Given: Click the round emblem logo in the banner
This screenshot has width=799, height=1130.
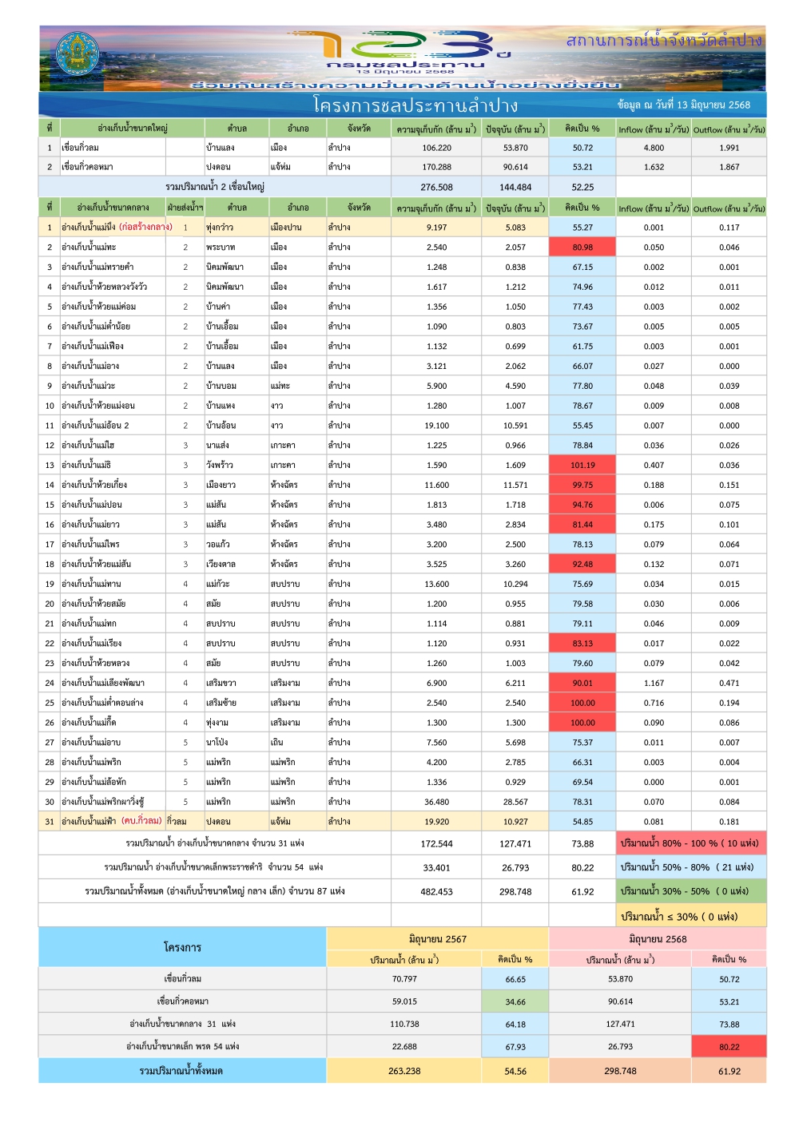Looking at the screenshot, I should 78,54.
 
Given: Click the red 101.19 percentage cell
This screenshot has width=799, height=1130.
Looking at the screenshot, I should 582,466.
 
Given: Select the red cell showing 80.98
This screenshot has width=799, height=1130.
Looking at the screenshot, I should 582,248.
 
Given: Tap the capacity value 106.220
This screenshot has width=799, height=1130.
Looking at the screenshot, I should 436,148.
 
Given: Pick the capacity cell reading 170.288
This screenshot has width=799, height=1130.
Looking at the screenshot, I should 436,167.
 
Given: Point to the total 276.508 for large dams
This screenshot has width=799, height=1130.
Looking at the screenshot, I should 436,187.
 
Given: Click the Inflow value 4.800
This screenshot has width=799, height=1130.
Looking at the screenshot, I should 654,148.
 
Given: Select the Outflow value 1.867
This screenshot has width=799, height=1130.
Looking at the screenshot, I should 729,167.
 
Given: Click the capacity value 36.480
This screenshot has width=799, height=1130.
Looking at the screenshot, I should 436,802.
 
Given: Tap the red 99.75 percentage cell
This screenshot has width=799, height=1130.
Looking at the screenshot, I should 582,485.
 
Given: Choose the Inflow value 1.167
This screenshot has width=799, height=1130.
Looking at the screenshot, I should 654,683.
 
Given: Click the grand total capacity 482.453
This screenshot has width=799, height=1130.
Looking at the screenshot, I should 436,892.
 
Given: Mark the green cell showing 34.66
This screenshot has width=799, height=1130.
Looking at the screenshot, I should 515,1001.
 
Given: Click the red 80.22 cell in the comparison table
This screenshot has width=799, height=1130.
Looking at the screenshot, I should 729,1047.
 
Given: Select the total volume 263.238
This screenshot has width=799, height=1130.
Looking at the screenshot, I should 404,1071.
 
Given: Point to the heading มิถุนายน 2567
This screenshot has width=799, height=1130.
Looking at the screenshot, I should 437,939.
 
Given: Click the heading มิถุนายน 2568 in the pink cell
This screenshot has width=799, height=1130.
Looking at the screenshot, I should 658,939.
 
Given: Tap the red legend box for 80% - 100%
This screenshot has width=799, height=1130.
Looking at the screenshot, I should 690,843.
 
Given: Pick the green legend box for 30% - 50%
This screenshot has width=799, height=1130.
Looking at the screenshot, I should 690,891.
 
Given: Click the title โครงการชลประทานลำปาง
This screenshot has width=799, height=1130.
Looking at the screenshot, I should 415,105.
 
